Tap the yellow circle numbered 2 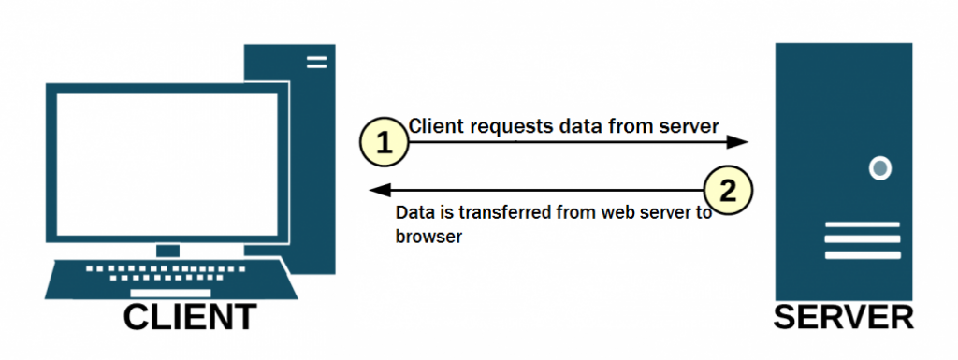point(730,191)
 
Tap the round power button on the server point(879,168)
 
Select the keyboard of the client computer point(172,275)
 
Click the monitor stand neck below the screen point(167,250)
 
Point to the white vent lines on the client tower point(316,62)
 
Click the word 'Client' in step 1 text point(436,124)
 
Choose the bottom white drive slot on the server point(862,254)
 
